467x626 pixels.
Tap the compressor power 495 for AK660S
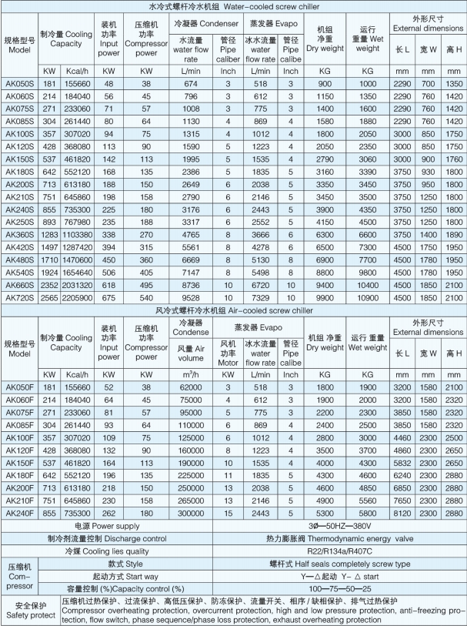point(140,283)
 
